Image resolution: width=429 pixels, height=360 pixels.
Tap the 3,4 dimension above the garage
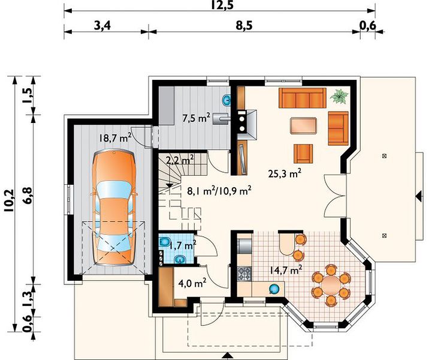(x=102, y=26)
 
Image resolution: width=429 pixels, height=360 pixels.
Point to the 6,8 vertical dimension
(x=28, y=196)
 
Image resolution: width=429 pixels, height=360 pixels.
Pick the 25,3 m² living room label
(x=285, y=173)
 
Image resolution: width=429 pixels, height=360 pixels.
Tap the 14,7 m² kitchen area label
(x=286, y=271)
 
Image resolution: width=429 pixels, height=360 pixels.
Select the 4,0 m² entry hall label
(x=192, y=283)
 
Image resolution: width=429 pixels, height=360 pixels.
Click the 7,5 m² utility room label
(x=196, y=118)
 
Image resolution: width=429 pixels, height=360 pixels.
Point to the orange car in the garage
(x=114, y=208)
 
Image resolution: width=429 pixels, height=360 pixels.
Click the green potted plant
(x=339, y=96)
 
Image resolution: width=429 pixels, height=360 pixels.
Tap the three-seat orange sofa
(x=303, y=98)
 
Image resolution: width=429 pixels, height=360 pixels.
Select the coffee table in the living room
(x=304, y=125)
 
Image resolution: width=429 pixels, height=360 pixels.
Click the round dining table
(x=331, y=285)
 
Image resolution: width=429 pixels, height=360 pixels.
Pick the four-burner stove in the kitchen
(x=244, y=274)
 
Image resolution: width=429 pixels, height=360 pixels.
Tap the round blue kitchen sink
(x=274, y=289)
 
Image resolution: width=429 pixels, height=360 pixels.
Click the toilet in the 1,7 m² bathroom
(x=164, y=242)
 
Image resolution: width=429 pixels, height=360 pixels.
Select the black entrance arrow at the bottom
(x=227, y=356)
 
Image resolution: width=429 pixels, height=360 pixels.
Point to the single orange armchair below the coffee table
(x=303, y=154)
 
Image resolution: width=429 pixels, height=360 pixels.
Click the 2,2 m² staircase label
(x=180, y=160)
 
